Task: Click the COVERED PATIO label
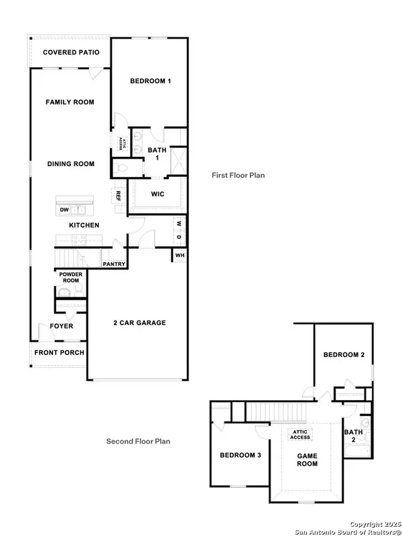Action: (x=71, y=52)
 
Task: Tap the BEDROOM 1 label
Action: (x=151, y=81)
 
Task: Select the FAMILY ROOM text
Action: (x=70, y=103)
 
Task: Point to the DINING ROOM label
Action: (x=70, y=163)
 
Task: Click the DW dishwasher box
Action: (x=65, y=210)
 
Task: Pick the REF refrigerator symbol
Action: (x=118, y=196)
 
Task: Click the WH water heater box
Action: (x=180, y=255)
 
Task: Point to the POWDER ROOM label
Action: (x=70, y=277)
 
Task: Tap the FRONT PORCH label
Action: (x=57, y=352)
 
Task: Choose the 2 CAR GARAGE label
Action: (x=139, y=323)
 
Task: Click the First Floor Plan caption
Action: (x=238, y=176)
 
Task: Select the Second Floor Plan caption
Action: (x=139, y=442)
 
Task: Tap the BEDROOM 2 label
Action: (x=343, y=354)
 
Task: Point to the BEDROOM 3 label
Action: (x=240, y=456)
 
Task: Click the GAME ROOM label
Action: (x=307, y=459)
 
